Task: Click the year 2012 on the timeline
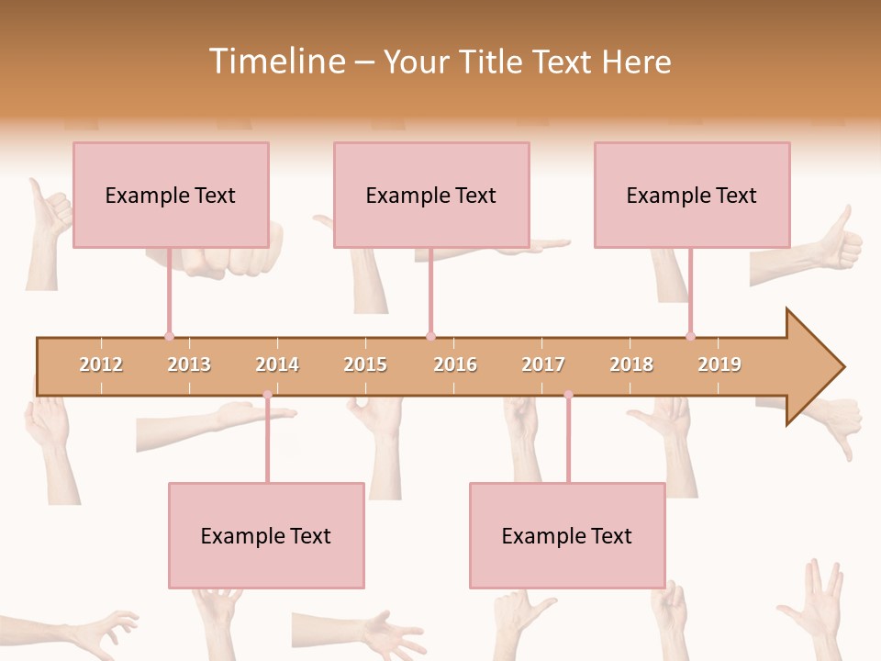[x=101, y=364]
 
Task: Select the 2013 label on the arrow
[x=189, y=364]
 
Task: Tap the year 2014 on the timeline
[x=277, y=364]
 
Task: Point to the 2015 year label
[x=365, y=364]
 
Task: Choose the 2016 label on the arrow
[x=455, y=364]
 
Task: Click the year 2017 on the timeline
[x=543, y=364]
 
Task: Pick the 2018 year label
[x=631, y=364]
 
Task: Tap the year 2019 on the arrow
[x=719, y=364]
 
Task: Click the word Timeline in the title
[x=274, y=62]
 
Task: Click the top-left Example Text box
[x=171, y=195]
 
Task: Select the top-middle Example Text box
[x=431, y=195]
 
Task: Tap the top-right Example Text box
[x=692, y=195]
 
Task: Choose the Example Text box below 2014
[x=266, y=535]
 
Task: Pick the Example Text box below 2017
[x=567, y=535]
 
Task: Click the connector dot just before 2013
[x=169, y=336]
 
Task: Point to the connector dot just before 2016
[x=430, y=336]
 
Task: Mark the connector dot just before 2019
[x=690, y=336]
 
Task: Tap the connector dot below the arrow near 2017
[x=568, y=395]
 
